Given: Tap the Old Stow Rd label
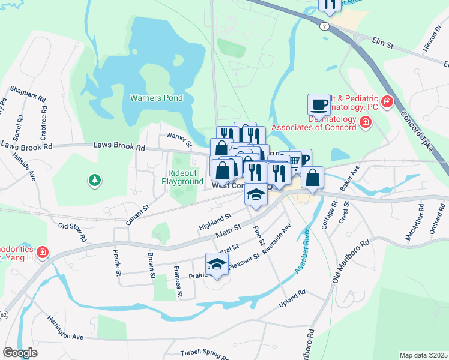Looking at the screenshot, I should click(x=72, y=233).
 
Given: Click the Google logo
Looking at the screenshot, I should click(x=20, y=352).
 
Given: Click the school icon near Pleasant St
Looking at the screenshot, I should click(x=217, y=264).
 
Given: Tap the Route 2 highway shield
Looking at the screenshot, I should click(x=324, y=26).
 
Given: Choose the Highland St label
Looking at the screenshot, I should click(x=215, y=223).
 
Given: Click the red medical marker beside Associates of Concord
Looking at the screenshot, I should click(x=364, y=123).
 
